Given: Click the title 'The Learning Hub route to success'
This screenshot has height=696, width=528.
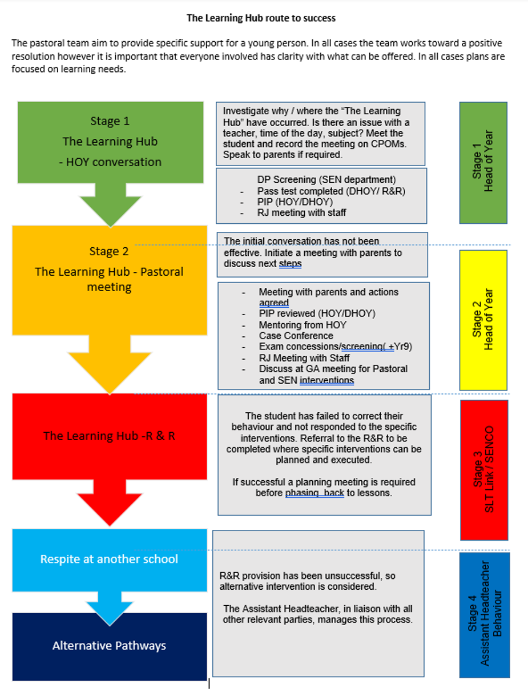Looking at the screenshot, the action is (261, 18).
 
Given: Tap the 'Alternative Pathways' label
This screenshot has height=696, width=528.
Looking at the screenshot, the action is (110, 646).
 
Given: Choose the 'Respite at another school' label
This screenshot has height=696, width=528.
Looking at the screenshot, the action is (109, 559).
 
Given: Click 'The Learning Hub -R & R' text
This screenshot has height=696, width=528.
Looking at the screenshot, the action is (109, 436).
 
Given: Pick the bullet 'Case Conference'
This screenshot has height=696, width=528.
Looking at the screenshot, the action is (296, 336).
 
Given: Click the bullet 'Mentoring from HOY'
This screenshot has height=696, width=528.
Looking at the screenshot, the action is (303, 325).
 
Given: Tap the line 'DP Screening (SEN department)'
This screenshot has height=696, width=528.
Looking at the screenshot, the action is (327, 180).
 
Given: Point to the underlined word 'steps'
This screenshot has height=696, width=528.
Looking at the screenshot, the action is (291, 264).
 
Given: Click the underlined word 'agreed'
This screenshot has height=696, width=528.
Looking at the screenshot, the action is (274, 303).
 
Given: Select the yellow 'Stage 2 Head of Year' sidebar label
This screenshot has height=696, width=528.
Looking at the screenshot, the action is (483, 319).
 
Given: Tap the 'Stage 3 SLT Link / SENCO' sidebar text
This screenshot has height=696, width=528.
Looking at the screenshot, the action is (483, 469).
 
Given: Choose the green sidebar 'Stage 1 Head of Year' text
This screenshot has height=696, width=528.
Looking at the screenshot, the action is (483, 161).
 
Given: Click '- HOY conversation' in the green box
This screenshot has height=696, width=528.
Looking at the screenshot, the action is (110, 162).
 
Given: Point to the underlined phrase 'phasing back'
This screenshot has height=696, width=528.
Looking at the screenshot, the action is (315, 493).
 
